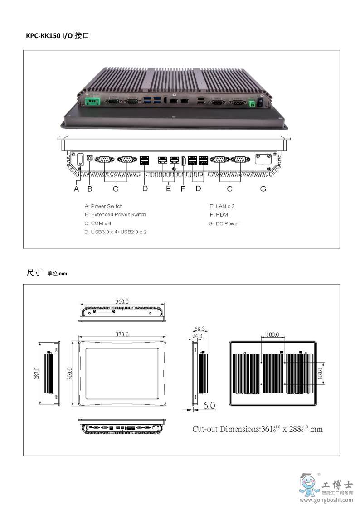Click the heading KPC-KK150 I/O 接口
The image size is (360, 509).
point(57,35)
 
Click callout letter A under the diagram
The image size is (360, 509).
point(77,189)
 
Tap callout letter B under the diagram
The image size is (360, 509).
point(90,189)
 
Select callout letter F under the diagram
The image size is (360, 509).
point(183,189)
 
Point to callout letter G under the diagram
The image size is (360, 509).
point(263,189)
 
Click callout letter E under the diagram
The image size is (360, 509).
point(168,189)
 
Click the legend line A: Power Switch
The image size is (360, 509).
point(103,206)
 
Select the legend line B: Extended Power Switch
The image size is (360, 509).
point(115,214)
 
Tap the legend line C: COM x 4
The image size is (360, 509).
point(98,223)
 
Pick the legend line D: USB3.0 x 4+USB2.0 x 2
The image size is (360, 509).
point(116,232)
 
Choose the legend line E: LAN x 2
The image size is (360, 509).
point(222,206)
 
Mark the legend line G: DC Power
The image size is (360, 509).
point(224,223)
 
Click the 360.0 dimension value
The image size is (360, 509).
point(122,301)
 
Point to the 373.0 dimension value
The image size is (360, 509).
point(122,334)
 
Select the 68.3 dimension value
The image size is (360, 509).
point(199,329)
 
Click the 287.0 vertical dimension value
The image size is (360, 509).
point(38,373)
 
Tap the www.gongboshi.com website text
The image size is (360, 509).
point(326,500)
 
